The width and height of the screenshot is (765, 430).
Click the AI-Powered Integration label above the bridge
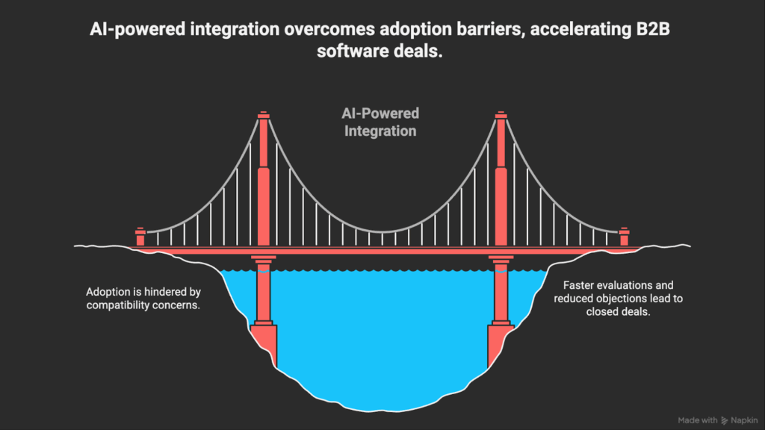point(376,122)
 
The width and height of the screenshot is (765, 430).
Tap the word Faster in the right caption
point(580,285)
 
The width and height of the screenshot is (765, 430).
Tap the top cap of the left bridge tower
point(263,116)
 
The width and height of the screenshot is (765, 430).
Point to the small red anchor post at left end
point(140,237)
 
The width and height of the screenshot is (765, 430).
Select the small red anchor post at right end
point(625,237)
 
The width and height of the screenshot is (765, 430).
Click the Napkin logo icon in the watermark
point(725,420)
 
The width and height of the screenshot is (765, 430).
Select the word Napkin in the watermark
point(744,420)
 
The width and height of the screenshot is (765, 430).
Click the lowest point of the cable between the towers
point(382,231)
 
